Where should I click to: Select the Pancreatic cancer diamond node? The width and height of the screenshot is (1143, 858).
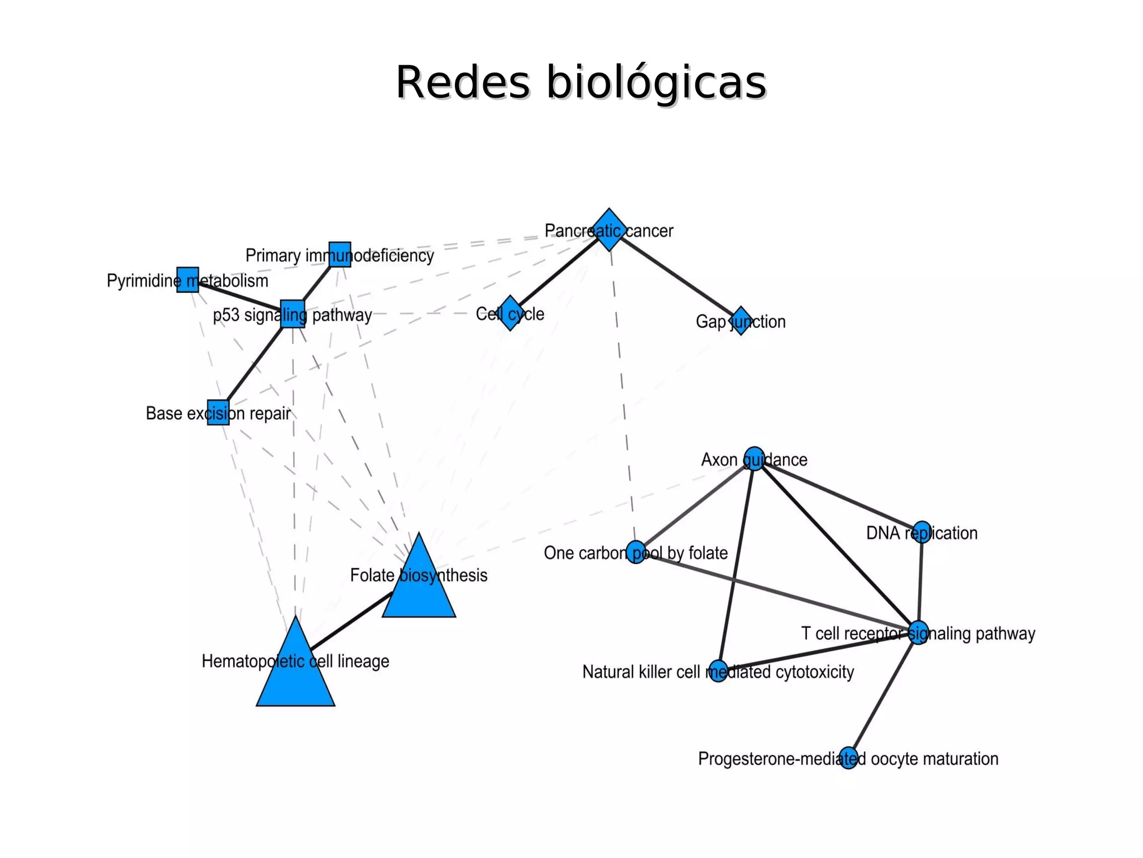coord(609,230)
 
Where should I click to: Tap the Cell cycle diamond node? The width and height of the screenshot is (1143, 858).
coord(510,313)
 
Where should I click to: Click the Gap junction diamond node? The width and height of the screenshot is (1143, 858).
coord(741,321)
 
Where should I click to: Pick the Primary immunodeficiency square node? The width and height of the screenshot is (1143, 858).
coord(340,254)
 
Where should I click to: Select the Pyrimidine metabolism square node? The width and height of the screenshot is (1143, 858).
coord(188,279)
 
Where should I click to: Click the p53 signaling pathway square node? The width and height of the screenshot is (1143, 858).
coord(292,313)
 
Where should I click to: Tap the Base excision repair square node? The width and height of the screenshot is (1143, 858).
coord(218,412)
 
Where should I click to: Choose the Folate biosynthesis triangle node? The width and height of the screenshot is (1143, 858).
coord(419,587)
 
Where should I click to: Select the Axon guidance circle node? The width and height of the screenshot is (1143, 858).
coord(754,459)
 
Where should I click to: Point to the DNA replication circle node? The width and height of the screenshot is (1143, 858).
coord(922,532)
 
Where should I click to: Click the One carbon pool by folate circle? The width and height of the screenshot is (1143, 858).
coord(636,552)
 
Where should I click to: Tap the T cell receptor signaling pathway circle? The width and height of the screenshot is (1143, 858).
coord(919,632)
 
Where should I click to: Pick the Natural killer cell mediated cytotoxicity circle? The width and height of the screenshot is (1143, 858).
coord(718,671)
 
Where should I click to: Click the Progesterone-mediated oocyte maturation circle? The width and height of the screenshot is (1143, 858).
coord(848,758)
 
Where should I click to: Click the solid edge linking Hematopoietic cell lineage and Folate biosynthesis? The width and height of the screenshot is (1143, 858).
coord(352,620)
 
